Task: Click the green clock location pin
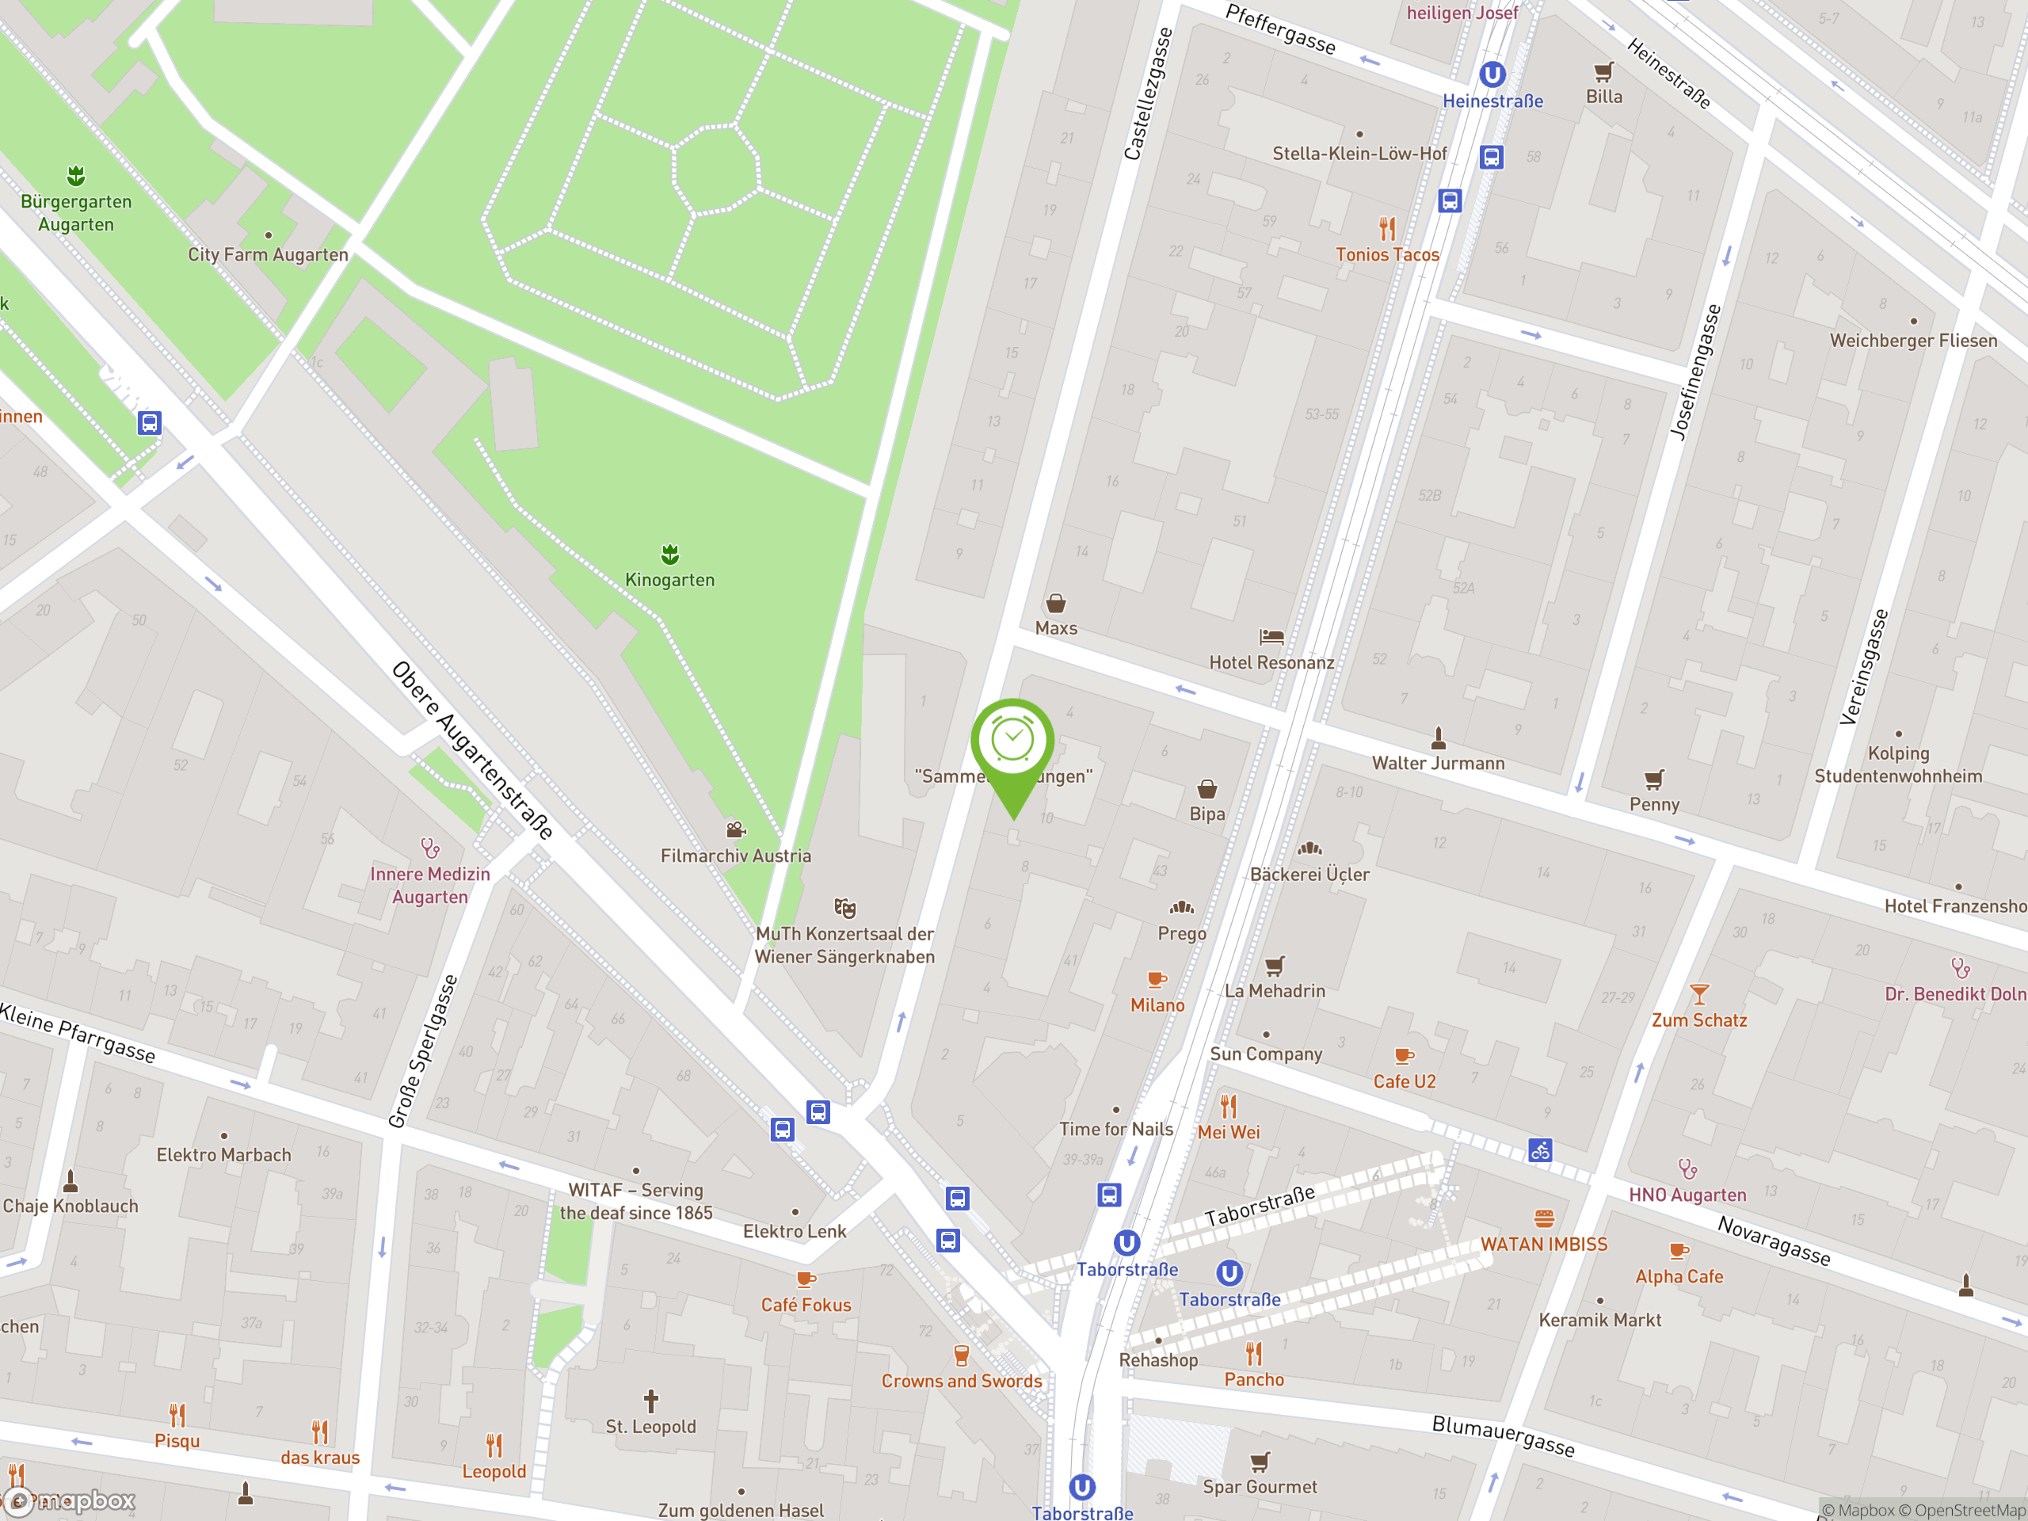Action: click(1012, 741)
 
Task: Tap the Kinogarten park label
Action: click(669, 579)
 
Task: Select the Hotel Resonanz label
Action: click(1271, 662)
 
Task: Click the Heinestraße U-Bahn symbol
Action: click(1492, 74)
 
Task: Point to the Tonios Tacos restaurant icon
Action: click(1387, 227)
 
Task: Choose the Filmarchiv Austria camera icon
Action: click(735, 829)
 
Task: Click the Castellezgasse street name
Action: click(1147, 94)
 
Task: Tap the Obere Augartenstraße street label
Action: click(472, 750)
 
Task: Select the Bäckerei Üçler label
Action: click(1309, 874)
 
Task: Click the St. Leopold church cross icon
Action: click(650, 1400)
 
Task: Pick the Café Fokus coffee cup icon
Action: click(805, 1279)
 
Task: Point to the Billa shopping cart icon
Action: click(1603, 71)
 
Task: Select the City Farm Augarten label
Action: click(268, 254)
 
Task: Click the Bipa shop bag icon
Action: click(1207, 788)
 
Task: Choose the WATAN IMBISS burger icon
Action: click(1544, 1218)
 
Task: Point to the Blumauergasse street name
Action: click(1503, 1435)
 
